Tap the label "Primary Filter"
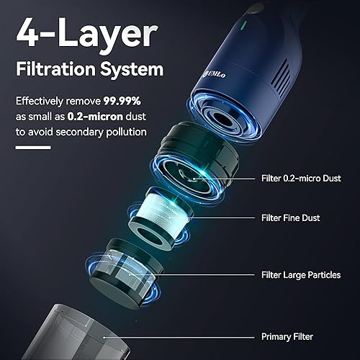[x=292, y=337]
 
